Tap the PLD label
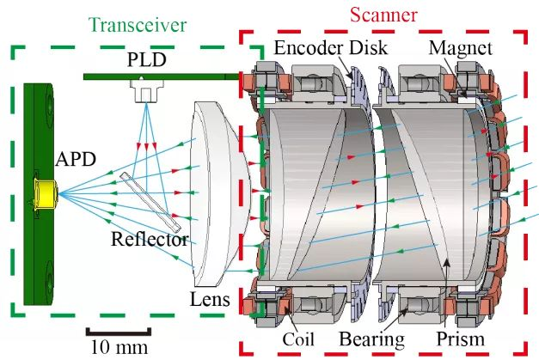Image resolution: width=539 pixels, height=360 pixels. coord(145,62)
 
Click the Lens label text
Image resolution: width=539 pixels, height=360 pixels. coord(209,299)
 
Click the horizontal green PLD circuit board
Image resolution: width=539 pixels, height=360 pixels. coord(159,76)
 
